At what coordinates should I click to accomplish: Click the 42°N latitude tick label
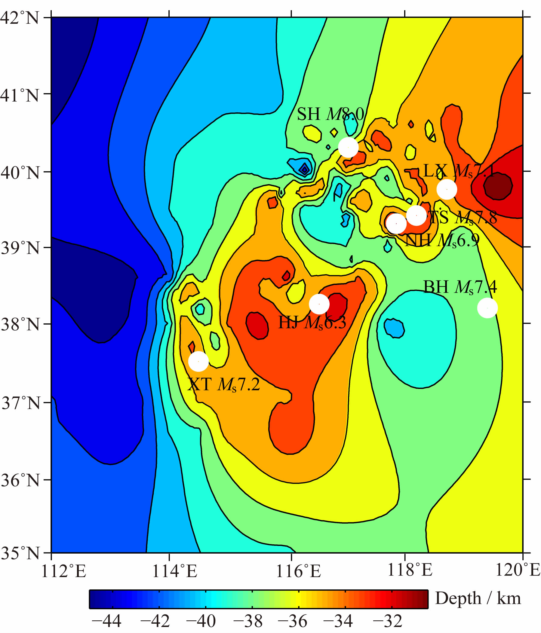tap(20, 18)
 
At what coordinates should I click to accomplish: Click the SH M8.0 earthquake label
tap(330, 114)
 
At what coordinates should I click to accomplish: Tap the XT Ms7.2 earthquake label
tap(224, 384)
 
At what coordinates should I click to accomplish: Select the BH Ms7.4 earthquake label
tap(460, 287)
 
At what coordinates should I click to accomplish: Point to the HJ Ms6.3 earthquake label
tap(312, 322)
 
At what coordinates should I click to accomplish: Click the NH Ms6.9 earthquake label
tap(442, 241)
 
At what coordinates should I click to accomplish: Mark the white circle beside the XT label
tap(198, 361)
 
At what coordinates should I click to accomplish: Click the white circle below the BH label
tap(487, 308)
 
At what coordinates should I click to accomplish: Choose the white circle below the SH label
tap(348, 148)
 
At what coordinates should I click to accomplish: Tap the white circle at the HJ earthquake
tap(319, 304)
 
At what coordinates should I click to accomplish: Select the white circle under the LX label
tap(447, 189)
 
